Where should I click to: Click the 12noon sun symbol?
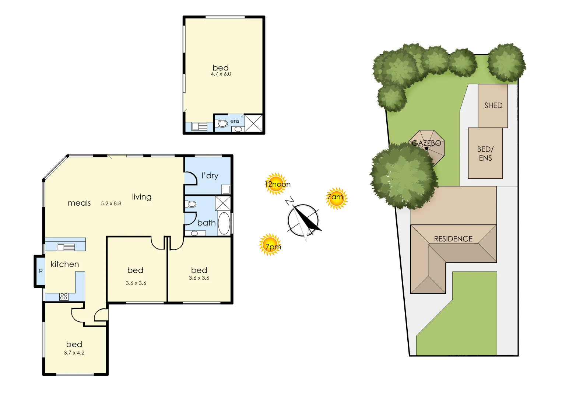[276, 184]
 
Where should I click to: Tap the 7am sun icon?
[336, 198]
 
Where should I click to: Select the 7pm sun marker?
[271, 245]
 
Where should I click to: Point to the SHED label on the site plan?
[493, 105]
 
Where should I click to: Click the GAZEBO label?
[426, 143]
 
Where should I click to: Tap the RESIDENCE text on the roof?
[453, 239]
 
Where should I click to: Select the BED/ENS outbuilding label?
[485, 154]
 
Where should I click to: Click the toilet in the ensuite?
[222, 123]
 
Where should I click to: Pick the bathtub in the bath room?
[224, 223]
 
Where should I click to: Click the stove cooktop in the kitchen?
[64, 296]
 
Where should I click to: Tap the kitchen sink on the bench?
[66, 247]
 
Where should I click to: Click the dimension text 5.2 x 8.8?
[111, 203]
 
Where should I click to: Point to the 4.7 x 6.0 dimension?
[221, 74]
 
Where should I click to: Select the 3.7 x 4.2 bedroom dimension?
[74, 353]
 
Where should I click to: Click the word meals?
[79, 203]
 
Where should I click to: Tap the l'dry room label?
[210, 176]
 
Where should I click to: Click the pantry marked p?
[41, 270]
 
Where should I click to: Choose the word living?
[142, 197]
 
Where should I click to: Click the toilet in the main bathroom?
[191, 204]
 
